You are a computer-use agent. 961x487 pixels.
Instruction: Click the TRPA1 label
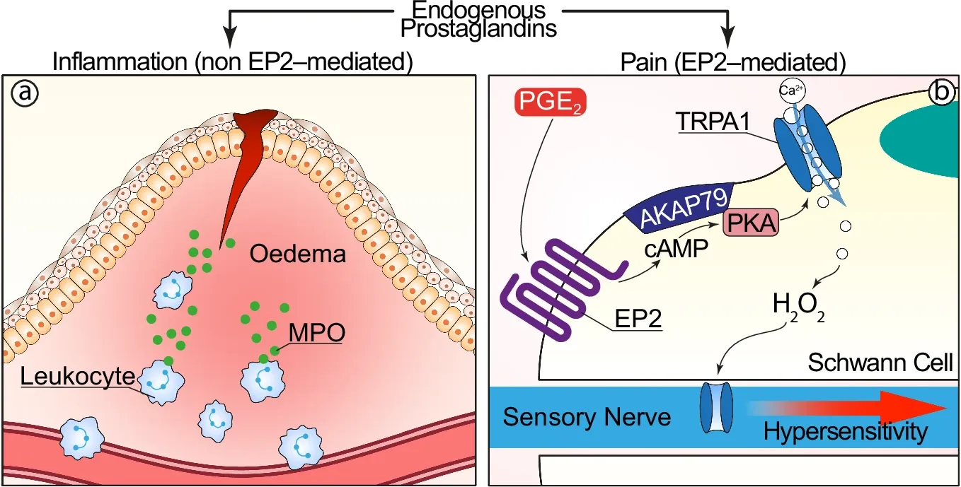click(713, 121)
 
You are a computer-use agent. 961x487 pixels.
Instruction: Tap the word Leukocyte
click(76, 376)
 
